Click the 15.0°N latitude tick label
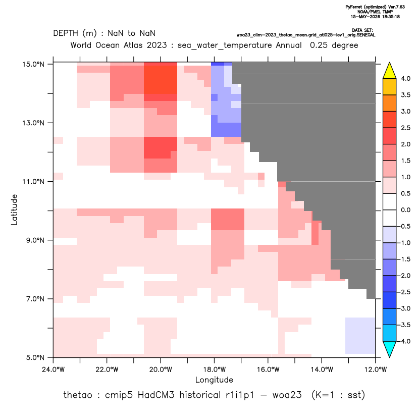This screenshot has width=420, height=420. point(33,64)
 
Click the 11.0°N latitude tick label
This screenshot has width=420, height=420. point(33,182)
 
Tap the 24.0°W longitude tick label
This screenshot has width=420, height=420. point(54,370)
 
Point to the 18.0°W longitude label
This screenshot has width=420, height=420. point(214,370)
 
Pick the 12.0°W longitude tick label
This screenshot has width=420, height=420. point(376,370)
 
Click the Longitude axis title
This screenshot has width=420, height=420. point(214,380)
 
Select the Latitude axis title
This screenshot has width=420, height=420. point(14,209)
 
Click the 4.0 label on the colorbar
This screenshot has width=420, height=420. point(405,78)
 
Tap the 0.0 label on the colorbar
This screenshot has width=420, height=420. point(405,210)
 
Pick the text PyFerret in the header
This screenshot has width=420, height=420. point(354,7)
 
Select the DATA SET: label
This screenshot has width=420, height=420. point(362,30)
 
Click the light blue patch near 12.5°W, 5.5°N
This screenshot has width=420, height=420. point(360,336)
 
